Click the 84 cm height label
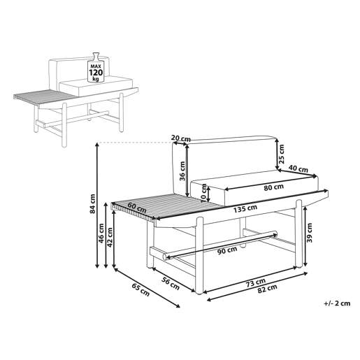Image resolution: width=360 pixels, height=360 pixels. [93, 203]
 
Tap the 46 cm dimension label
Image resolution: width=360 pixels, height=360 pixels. [101, 233]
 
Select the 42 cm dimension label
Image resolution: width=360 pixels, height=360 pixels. [110, 237]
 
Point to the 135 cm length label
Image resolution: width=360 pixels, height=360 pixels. [245, 208]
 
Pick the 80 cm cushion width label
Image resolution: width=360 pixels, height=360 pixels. [274, 187]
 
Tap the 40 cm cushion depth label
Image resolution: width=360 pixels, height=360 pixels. [298, 168]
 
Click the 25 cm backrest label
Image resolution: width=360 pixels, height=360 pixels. [282, 154]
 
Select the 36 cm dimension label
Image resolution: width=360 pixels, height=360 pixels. [182, 171]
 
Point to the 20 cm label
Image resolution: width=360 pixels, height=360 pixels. [181, 138]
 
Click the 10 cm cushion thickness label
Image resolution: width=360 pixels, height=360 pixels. [203, 193]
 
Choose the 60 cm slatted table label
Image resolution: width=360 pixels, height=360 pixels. [137, 208]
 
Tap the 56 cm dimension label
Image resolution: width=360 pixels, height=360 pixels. [171, 284]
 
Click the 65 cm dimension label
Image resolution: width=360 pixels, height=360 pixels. [141, 290]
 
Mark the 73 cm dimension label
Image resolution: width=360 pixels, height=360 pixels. [256, 283]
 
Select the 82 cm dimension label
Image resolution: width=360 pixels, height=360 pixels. [267, 289]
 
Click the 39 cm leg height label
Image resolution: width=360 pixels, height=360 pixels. [310, 233]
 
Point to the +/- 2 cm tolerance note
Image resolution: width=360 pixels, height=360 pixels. [337, 303]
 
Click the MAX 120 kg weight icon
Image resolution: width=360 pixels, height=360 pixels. [96, 67]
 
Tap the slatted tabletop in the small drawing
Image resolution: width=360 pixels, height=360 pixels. [44, 98]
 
